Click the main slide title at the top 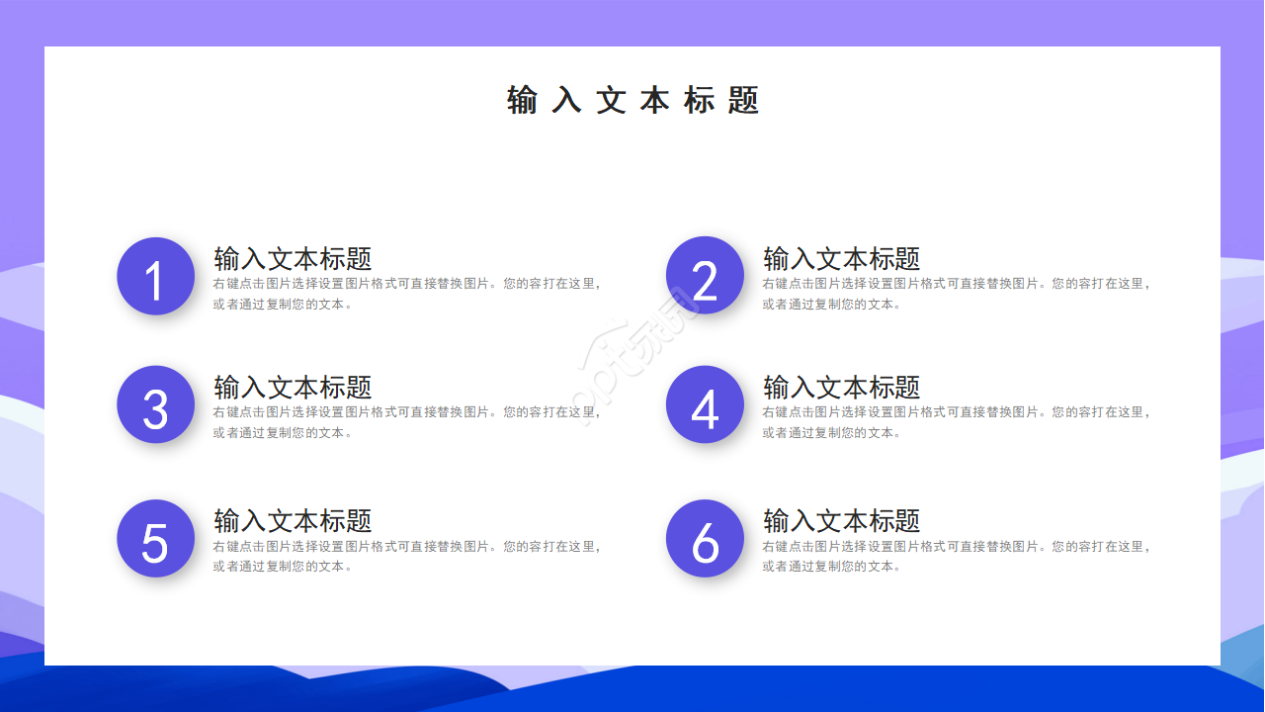pos(632,101)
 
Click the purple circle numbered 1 pos(155,276)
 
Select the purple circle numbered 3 pos(155,404)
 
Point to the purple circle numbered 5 pos(155,539)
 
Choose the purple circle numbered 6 pos(705,539)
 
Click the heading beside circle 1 pos(293,259)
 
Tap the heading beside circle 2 pos(842,259)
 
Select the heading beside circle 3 pos(293,388)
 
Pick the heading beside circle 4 pos(842,388)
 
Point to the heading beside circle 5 pos(293,521)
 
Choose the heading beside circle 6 pos(842,521)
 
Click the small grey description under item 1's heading pos(406,294)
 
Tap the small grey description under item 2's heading pos(956,294)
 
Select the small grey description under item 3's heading pos(406,422)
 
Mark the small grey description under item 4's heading pos(956,422)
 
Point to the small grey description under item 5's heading pos(406,556)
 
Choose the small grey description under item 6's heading pos(956,556)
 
